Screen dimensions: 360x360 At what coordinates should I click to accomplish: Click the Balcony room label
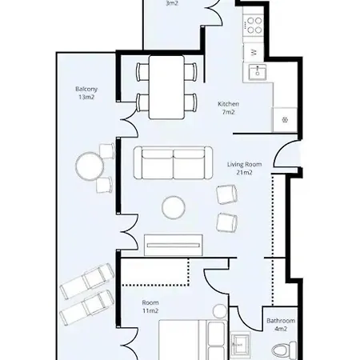click(x=87, y=89)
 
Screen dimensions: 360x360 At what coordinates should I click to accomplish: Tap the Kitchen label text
click(x=229, y=104)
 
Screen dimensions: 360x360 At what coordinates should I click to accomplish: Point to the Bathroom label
click(x=281, y=321)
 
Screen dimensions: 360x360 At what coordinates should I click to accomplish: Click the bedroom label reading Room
click(x=150, y=302)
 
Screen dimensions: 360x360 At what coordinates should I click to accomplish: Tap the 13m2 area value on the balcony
click(x=87, y=97)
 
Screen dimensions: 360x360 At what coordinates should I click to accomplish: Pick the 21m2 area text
click(x=244, y=172)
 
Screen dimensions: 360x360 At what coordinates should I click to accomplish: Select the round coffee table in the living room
click(x=174, y=208)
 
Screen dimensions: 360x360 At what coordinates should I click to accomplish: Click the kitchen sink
click(x=258, y=73)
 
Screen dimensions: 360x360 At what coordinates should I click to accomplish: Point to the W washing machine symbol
click(x=254, y=51)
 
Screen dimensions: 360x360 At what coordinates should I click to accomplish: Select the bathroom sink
click(x=239, y=346)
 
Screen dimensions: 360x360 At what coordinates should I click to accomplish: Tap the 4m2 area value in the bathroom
click(x=281, y=329)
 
